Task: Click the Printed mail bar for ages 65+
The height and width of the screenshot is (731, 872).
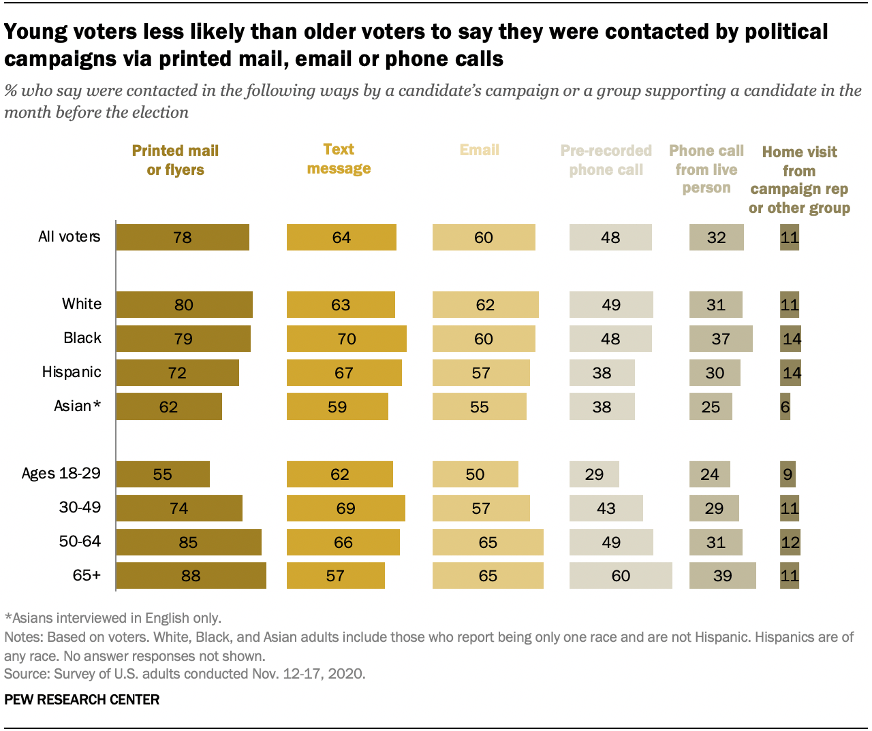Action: coord(191,576)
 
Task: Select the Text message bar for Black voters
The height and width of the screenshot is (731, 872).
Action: coord(346,339)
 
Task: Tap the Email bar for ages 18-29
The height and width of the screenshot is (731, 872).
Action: coord(475,474)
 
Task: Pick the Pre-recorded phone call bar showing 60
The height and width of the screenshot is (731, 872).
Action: coord(621,576)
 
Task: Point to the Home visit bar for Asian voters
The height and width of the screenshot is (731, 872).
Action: coord(785,407)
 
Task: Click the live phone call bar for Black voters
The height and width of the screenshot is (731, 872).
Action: coord(721,339)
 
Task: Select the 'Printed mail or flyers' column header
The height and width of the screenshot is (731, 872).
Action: coord(175,160)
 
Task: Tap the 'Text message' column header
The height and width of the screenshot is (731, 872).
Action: coord(339,159)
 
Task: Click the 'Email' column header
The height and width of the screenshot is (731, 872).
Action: coord(479,150)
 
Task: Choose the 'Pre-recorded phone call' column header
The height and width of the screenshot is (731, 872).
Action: coord(606,160)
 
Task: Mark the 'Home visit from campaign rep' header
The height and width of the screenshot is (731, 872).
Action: coord(799,180)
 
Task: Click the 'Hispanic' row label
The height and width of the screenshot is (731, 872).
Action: coord(72,372)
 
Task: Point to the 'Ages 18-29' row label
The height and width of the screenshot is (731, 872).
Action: coord(61,474)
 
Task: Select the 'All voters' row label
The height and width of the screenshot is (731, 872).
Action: coord(69,237)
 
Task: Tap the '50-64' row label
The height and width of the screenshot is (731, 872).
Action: coord(80,542)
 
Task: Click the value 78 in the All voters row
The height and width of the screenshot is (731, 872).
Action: coord(183,238)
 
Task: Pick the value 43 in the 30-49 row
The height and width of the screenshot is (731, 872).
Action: coord(606,508)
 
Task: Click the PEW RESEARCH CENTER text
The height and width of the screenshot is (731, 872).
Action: coord(82,700)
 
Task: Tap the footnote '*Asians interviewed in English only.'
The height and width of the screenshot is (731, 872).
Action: coord(113,618)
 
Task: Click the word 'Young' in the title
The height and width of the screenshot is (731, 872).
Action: coord(42,32)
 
